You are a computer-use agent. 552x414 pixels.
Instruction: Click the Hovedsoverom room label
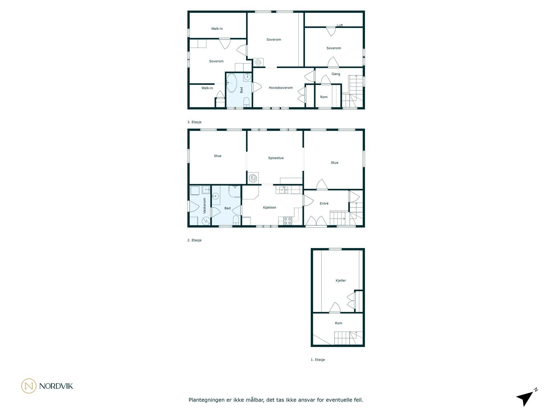280,88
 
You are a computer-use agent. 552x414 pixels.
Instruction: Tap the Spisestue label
276,158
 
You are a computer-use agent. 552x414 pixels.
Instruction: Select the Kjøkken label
269,207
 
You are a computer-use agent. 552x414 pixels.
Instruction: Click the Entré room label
324,204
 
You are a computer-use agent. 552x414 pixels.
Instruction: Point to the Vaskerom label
204,206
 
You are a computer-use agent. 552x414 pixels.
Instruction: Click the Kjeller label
341,280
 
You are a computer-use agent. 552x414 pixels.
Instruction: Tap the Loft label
340,26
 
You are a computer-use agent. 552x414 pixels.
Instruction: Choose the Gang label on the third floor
336,74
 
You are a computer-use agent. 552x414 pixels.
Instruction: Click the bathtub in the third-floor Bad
231,83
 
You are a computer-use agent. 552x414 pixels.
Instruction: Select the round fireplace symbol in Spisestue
253,178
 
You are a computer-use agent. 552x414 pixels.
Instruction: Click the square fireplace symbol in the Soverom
258,62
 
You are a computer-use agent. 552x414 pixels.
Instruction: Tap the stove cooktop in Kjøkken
288,220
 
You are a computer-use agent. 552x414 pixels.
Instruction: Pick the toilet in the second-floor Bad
236,220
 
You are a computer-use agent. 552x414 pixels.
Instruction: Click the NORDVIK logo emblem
29,386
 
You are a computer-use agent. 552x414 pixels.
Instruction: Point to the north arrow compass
526,398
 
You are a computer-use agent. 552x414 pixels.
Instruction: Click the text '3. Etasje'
194,122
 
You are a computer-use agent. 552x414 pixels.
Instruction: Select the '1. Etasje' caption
318,359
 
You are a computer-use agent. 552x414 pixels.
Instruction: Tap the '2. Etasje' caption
194,240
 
